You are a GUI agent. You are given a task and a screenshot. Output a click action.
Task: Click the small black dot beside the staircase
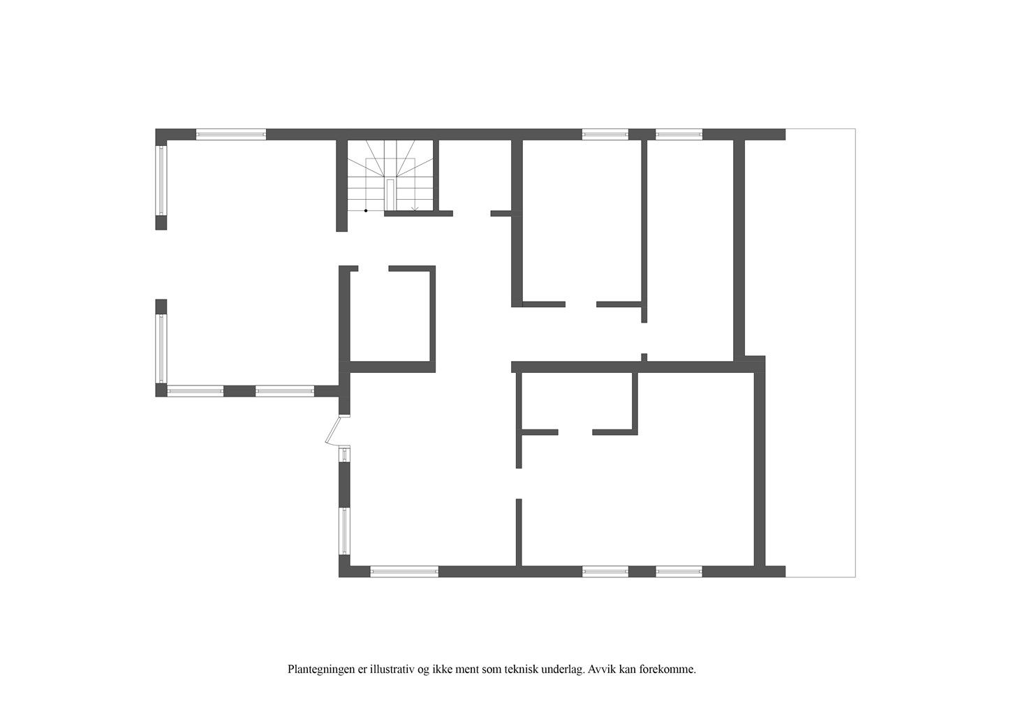click(366, 211)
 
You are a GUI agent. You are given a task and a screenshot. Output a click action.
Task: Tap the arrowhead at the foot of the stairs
click(415, 209)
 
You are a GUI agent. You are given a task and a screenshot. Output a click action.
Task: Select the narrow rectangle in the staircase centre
click(390, 195)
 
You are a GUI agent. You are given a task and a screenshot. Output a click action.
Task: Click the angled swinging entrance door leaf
click(332, 431)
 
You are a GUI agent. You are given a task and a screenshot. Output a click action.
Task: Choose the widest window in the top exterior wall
click(231, 134)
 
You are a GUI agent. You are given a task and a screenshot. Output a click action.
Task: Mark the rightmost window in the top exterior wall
click(679, 134)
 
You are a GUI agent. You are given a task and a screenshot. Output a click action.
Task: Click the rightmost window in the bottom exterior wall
click(679, 571)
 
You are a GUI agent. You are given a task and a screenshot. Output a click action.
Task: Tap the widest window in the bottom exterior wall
click(404, 571)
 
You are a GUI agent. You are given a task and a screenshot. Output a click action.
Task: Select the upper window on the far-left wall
click(161, 181)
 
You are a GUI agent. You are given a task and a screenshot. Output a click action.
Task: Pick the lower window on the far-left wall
click(161, 349)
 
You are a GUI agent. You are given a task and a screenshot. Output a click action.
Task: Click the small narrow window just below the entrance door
click(344, 454)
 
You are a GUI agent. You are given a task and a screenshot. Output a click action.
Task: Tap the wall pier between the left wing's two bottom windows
click(239, 391)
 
